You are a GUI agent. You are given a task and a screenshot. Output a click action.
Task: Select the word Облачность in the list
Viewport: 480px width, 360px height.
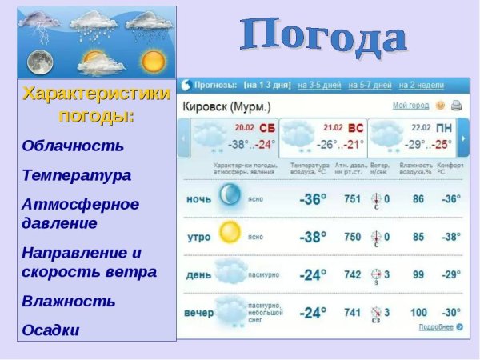73,146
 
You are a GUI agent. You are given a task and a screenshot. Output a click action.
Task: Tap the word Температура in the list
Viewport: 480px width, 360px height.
77,174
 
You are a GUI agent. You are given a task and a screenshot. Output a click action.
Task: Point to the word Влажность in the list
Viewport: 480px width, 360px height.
69,301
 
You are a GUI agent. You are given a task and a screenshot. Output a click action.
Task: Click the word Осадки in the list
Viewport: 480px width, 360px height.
51,330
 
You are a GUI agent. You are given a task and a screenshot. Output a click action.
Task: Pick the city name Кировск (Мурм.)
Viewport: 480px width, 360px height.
226,106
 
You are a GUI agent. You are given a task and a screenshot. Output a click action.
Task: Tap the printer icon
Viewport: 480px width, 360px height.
456,106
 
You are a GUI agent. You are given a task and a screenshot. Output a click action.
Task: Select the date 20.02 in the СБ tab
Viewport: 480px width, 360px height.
244,127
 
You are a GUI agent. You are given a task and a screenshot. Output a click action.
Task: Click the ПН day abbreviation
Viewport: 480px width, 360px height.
443,128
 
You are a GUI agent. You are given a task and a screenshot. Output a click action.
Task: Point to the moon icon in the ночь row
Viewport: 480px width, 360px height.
230,194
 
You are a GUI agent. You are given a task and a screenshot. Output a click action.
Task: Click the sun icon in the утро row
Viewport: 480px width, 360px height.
230,232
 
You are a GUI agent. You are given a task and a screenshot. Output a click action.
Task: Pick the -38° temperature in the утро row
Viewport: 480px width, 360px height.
312,237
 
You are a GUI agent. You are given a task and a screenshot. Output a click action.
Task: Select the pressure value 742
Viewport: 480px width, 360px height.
352,274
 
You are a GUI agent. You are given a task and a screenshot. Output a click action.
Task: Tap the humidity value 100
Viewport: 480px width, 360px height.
418,312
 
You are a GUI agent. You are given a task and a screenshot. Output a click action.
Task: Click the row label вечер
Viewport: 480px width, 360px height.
199,313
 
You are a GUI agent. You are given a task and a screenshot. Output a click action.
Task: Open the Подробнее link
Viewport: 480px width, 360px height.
436,327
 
